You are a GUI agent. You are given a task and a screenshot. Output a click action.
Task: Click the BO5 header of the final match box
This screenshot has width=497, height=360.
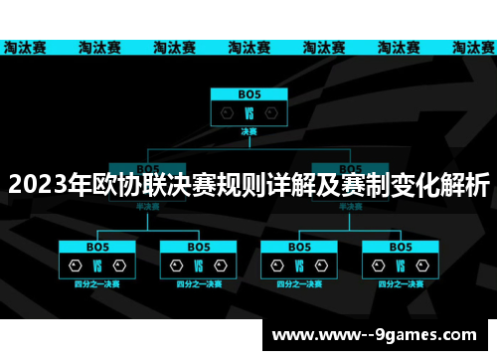248,93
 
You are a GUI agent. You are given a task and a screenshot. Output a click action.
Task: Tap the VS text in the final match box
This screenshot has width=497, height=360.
248,113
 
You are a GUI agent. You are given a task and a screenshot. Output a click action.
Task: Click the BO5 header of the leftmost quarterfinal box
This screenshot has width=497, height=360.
97,246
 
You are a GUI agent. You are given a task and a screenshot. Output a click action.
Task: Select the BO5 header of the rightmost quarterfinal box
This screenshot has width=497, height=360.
400,246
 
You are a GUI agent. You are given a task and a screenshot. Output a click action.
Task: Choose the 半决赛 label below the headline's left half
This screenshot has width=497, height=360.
147,207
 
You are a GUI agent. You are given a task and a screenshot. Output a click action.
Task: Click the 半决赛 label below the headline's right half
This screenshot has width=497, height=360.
350,207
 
